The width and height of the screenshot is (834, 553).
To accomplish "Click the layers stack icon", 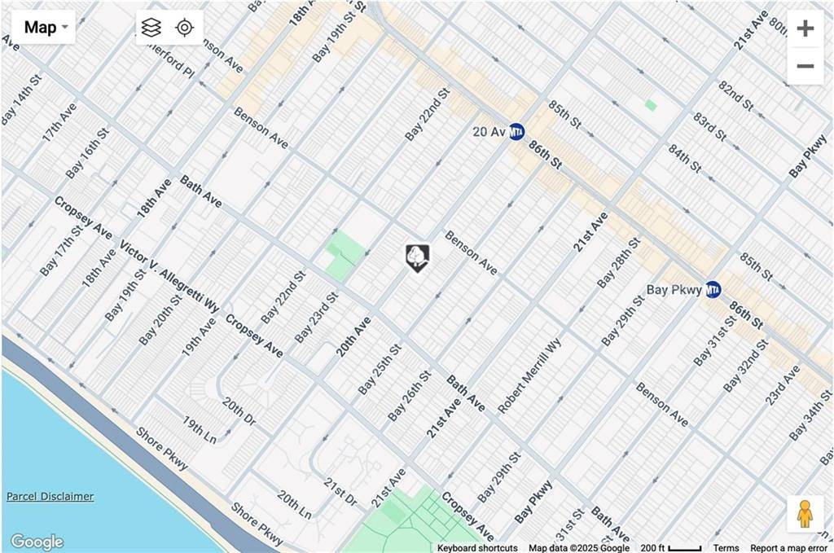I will pyautogui.click(x=151, y=28).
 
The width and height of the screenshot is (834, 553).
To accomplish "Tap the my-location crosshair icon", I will pyautogui.click(x=185, y=28).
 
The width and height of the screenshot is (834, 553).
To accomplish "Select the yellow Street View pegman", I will pyautogui.click(x=805, y=514).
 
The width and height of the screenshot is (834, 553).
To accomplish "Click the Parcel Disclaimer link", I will pyautogui.click(x=50, y=497).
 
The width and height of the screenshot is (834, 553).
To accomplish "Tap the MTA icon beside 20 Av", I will pyautogui.click(x=516, y=131).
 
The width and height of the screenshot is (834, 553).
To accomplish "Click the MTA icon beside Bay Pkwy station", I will pyautogui.click(x=713, y=289).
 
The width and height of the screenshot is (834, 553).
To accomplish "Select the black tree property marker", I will pyautogui.click(x=417, y=257).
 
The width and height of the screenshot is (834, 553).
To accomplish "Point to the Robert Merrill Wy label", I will pyautogui.click(x=530, y=375).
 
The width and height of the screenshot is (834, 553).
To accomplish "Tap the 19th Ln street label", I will pyautogui.click(x=200, y=430).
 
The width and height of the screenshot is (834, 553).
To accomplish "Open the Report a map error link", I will pyautogui.click(x=788, y=548).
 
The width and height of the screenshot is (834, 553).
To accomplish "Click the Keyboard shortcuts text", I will pyautogui.click(x=477, y=548).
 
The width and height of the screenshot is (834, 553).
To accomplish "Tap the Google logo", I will pyautogui.click(x=37, y=542).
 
